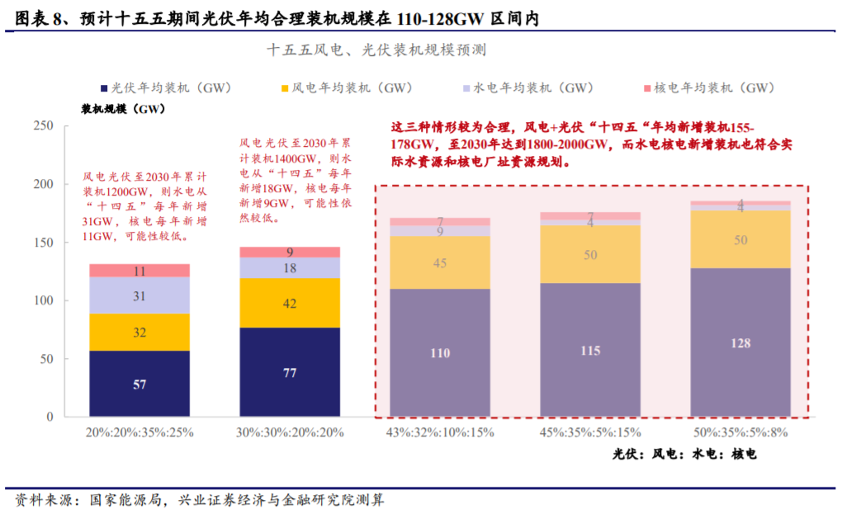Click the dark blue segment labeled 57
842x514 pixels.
[140, 384]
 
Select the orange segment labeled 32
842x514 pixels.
[140, 332]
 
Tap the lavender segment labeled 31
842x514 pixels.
[140, 295]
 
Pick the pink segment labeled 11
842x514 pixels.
[140, 271]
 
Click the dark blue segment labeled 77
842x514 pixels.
[290, 372]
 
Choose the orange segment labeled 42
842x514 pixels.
[290, 303]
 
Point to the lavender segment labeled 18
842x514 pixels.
[290, 268]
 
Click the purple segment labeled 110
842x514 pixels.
[439, 352]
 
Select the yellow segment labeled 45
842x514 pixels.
[439, 262]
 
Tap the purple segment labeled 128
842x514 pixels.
[740, 342]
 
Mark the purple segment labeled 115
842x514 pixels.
[589, 350]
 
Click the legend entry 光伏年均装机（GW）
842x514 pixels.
[170, 87]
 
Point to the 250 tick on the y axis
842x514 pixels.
[42, 125]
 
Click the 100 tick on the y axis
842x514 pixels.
[42, 301]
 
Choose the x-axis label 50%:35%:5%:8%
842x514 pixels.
[740, 432]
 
